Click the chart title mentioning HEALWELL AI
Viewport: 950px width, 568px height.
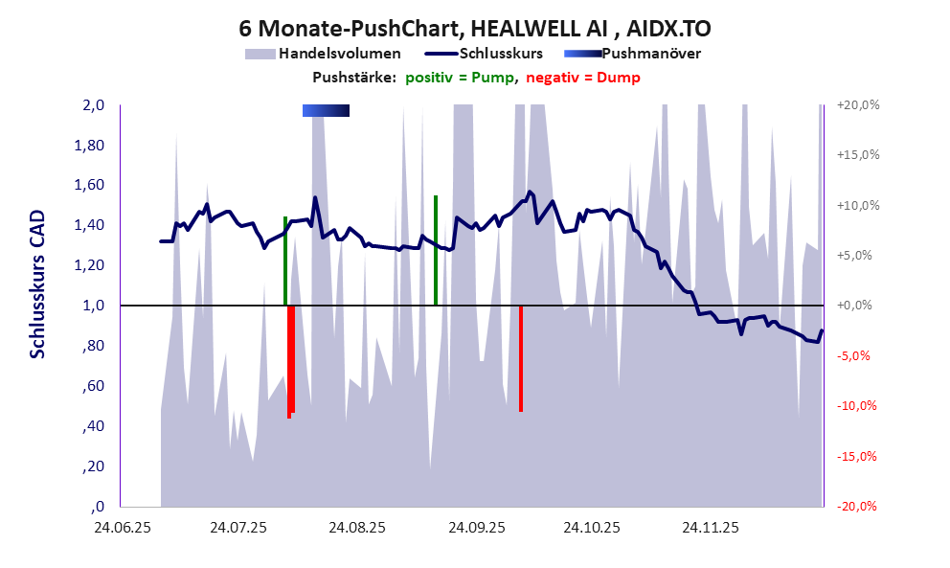475,27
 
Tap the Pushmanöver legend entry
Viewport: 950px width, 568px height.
650,54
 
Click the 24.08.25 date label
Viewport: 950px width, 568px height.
356,527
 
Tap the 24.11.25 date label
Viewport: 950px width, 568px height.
710,527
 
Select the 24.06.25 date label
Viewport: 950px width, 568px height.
120,527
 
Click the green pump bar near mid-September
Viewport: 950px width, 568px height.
436,250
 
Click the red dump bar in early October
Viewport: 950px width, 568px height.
521,358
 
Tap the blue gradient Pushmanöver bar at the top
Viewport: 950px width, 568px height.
326,111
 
